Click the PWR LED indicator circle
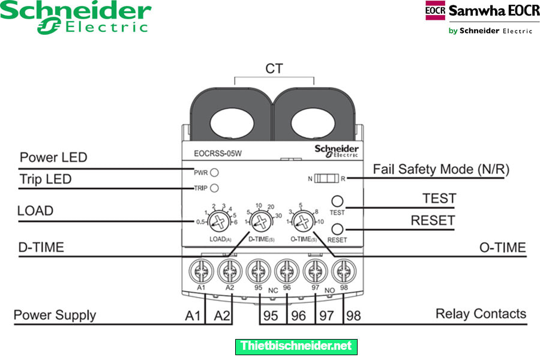(214, 172)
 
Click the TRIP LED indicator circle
(214, 187)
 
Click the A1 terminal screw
(200, 272)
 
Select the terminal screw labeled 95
(257, 272)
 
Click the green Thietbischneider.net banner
(296, 346)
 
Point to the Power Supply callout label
(55, 315)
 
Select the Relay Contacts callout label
(481, 313)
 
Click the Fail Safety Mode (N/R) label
(441, 169)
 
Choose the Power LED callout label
(53, 158)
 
